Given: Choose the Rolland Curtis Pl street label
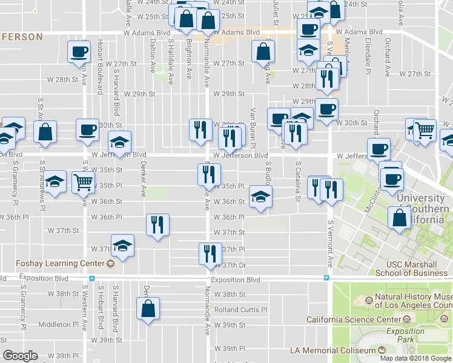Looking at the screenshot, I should click(x=240, y=310).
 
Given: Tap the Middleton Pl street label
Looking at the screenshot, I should click(x=58, y=325).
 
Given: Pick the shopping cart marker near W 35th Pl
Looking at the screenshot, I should click(x=83, y=181).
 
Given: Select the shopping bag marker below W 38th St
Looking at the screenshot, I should click(x=148, y=309).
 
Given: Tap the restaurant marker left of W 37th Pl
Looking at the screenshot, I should click(x=208, y=252).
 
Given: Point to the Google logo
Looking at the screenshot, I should click(x=21, y=356).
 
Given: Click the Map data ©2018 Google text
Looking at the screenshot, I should click(x=416, y=358).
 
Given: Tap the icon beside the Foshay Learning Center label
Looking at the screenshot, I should click(x=110, y=264).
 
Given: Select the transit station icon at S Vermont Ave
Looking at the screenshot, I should click(x=326, y=278).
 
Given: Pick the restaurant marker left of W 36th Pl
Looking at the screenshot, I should click(x=157, y=224).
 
